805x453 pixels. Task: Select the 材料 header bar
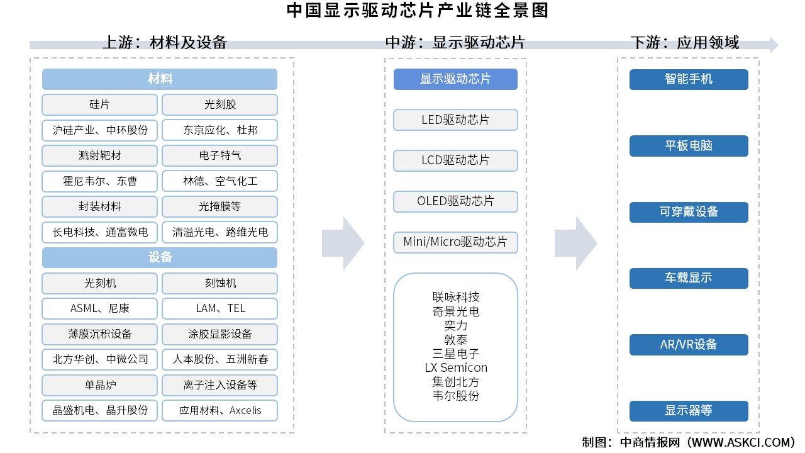coord(160,79)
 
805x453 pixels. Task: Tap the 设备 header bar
coord(160,258)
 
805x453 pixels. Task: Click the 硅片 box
coord(99,104)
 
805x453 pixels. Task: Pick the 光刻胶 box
coord(219,104)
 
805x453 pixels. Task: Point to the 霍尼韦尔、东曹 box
coord(99,181)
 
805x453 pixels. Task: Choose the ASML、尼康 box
coord(99,308)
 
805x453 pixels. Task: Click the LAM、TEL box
coord(219,308)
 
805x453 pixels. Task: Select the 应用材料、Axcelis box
coord(219,410)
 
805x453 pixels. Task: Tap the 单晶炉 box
coord(99,385)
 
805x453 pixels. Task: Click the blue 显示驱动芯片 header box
coord(455,79)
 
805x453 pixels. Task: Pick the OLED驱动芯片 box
coord(455,201)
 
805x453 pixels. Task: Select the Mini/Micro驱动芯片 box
coord(455,242)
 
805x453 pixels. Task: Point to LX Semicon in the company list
coord(455,367)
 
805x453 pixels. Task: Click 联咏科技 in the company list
coord(455,297)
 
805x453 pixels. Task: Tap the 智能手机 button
coord(689,79)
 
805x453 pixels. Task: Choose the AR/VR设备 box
coord(689,345)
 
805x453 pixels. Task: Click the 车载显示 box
coord(689,278)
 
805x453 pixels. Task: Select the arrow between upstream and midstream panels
coord(343,243)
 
